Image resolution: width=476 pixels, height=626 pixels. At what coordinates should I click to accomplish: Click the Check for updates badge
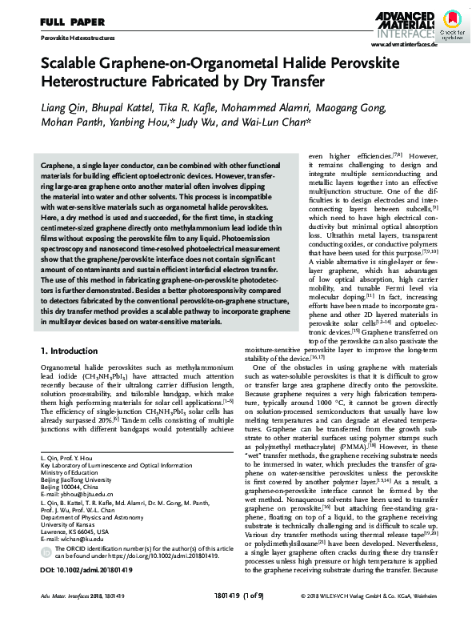point(454,24)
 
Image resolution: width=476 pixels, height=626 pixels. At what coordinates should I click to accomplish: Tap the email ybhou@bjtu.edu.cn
point(79,494)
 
